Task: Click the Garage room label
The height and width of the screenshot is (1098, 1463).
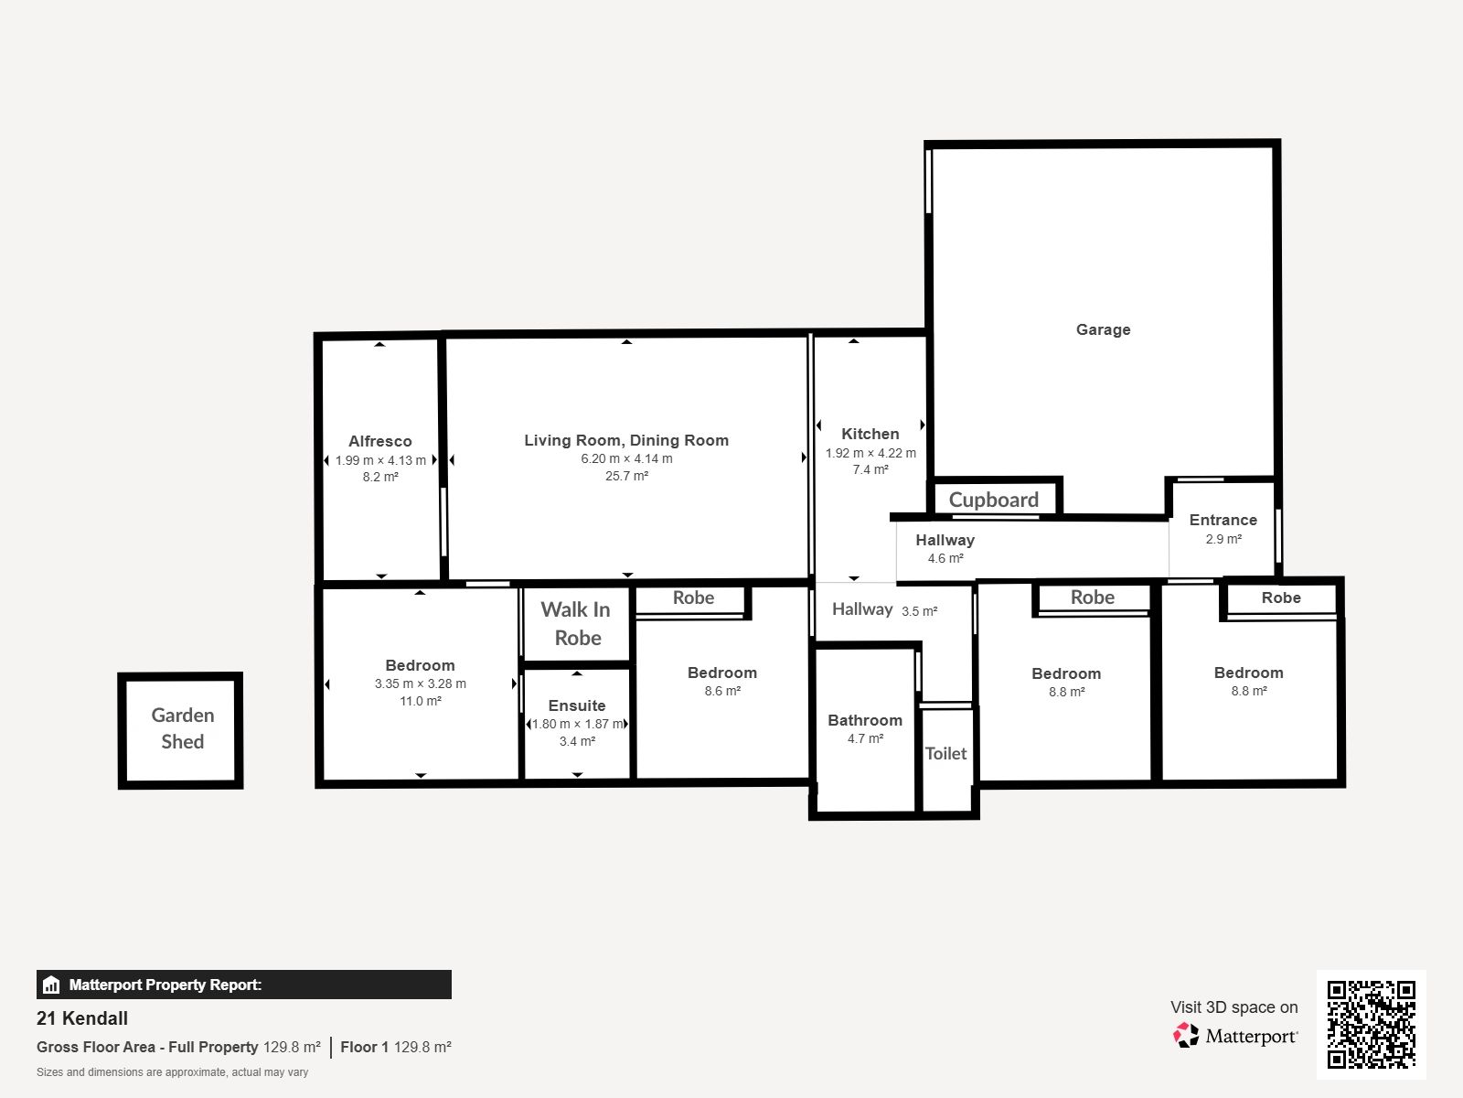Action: click(x=1103, y=330)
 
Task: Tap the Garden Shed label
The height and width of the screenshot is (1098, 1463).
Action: click(x=183, y=728)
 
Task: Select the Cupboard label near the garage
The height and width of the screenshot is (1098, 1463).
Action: click(x=993, y=500)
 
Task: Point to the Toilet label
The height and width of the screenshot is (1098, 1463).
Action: click(x=945, y=753)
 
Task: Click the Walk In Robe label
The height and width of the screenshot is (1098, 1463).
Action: click(x=576, y=623)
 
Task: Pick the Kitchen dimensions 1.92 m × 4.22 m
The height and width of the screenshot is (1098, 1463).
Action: click(x=870, y=453)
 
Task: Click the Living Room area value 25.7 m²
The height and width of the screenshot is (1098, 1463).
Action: click(x=626, y=476)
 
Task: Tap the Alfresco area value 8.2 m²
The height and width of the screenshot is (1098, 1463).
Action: click(x=380, y=478)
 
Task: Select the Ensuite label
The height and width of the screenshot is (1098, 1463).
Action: click(x=577, y=705)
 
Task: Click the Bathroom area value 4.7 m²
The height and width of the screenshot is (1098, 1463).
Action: click(x=865, y=738)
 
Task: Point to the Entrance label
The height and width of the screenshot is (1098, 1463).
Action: click(x=1223, y=520)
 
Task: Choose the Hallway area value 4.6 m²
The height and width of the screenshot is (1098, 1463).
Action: click(x=945, y=559)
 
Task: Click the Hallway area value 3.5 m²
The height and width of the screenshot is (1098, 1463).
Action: click(x=920, y=611)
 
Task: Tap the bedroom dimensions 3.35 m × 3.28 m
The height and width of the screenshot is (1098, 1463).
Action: click(x=421, y=684)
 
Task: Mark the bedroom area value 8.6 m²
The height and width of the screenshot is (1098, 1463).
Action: click(x=722, y=692)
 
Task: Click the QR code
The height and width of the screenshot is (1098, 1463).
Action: click(x=1371, y=1025)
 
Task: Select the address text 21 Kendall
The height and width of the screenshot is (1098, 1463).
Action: click(x=82, y=1018)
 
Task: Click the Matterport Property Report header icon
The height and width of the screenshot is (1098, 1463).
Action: click(x=51, y=985)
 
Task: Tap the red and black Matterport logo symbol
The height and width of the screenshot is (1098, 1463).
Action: click(x=1186, y=1036)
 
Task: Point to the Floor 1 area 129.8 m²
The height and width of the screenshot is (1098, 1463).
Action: click(x=396, y=1048)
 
